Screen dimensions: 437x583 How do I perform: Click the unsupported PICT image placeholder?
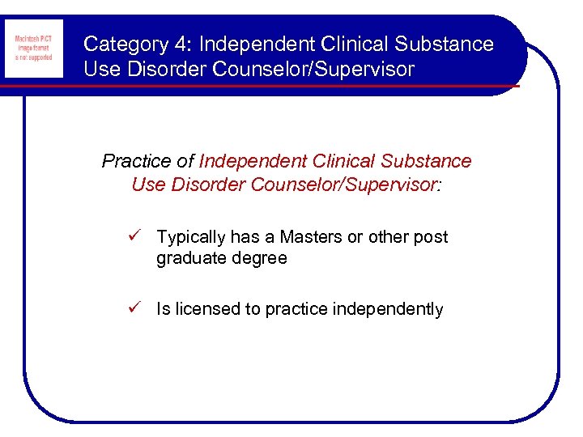33,49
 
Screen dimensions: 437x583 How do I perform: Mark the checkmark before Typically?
136,236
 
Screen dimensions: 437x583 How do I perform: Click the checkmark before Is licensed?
136,308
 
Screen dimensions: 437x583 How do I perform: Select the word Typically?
190,237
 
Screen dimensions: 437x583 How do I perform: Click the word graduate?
191,259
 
